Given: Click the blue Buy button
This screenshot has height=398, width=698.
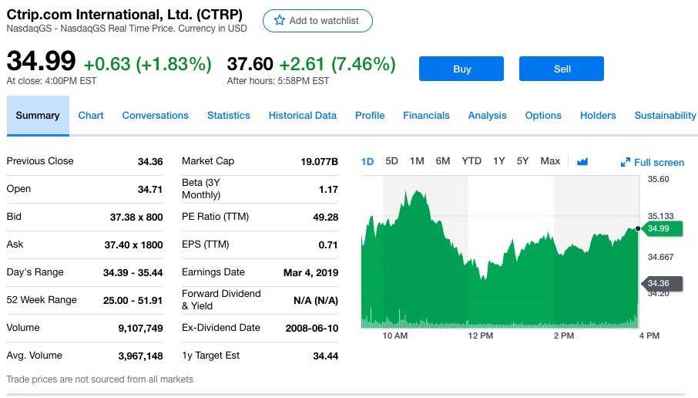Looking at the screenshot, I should point(461,69).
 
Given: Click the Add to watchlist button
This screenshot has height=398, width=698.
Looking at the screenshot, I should point(317,21).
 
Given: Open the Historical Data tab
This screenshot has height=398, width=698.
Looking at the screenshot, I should point(302,116).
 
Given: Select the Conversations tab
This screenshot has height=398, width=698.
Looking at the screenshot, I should point(155,116).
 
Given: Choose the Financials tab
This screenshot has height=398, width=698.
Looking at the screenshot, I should point(426,116).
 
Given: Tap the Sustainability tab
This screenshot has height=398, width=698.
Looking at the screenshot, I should point(665,116).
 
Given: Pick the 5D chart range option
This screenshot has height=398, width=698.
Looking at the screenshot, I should point(391,161).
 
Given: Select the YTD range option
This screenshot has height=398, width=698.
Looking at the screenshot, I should point(471,161).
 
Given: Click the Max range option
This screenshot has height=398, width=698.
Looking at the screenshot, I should point(550,161).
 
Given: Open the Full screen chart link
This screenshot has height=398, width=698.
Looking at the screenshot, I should point(653,162).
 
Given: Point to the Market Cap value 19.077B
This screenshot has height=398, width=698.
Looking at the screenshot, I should point(319,161).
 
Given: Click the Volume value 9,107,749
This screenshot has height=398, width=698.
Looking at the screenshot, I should point(140,328).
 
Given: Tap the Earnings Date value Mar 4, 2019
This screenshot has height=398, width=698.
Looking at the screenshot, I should point(310,272).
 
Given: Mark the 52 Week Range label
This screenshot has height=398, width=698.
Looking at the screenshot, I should point(42,300).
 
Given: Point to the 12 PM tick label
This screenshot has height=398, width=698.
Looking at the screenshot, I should point(480,336).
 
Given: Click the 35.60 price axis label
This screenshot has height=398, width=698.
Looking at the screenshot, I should point(658,179).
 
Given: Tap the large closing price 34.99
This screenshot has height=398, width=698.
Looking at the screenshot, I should point(41,62).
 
